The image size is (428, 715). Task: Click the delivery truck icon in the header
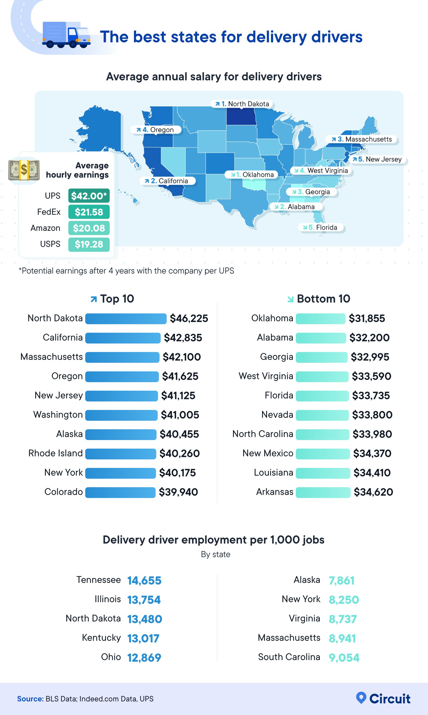pyautogui.click(x=66, y=35)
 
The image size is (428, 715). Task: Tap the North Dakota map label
pyautogui.click(x=242, y=104)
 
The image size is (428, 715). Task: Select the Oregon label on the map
pyautogui.click(x=156, y=130)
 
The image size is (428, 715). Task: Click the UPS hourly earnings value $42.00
pyautogui.click(x=89, y=196)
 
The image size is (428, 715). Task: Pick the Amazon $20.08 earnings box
pyautogui.click(x=89, y=228)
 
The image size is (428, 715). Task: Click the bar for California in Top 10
pyautogui.click(x=123, y=338)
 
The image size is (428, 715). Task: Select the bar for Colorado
pyautogui.click(x=120, y=492)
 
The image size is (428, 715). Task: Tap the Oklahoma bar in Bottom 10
pyautogui.click(x=320, y=318)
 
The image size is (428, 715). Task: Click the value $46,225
pyautogui.click(x=189, y=318)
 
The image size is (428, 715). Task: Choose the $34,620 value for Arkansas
pyautogui.click(x=373, y=492)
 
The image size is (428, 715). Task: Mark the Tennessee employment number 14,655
pyautogui.click(x=144, y=580)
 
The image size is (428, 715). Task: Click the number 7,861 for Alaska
pyautogui.click(x=342, y=580)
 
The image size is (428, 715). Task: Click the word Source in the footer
pyautogui.click(x=30, y=699)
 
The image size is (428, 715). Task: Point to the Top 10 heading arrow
pyautogui.click(x=93, y=299)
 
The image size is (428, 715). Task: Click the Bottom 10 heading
pyautogui.click(x=323, y=299)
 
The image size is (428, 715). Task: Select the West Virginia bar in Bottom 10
pyautogui.click(x=322, y=377)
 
